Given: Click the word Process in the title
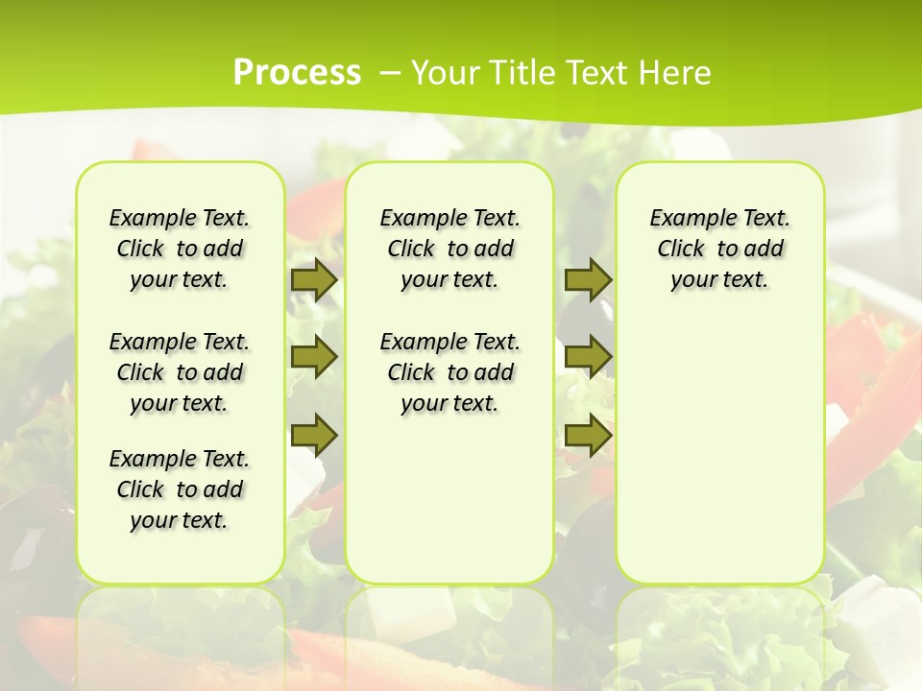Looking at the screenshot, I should pos(297,72).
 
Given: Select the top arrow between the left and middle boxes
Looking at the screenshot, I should pos(314,280).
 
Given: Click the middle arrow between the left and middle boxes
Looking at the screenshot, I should pos(314,357).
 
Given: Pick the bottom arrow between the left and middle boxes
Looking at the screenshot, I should pos(314,435).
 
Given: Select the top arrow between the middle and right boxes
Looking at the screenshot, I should pos(588,279).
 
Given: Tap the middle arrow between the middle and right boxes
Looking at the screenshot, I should pos(588,357).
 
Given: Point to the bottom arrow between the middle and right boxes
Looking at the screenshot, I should pos(588,435).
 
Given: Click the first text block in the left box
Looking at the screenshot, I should pos(180,249).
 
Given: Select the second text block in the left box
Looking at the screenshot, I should pos(180,372).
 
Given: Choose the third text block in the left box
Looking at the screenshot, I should pos(180,489).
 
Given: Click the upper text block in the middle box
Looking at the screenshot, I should pos(449,249).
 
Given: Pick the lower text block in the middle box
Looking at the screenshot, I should pos(449,372).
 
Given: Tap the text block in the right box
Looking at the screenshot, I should pos(719,249).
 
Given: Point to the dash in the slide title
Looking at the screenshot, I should pos(389,72).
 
